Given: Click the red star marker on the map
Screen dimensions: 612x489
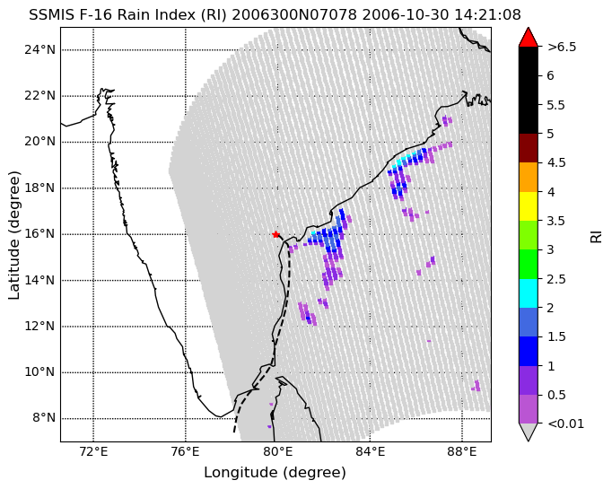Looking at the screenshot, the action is coord(276,234).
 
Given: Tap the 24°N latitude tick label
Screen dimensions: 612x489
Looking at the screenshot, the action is coord(39,50).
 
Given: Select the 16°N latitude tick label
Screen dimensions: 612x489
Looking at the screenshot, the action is coord(39,234).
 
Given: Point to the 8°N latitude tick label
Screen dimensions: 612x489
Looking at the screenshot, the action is coord(44,418).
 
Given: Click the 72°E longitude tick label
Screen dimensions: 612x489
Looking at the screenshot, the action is coord(93,452).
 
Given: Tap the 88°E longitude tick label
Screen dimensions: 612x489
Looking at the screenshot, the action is coord(462,452).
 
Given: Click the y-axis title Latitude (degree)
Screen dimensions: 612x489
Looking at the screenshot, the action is coord(13,235).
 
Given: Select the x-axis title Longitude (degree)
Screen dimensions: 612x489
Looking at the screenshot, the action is coord(275,473).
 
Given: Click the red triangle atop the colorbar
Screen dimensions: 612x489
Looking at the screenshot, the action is coord(528,38).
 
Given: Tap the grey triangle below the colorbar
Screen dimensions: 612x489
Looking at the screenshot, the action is coord(528,431).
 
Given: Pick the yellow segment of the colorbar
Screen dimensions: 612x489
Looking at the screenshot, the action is coord(528,206).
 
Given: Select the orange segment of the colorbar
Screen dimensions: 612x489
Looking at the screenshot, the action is coord(528,177).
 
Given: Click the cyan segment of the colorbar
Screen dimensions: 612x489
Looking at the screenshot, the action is coord(528,293).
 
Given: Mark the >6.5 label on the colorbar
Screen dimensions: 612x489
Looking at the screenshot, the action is coord(562,47).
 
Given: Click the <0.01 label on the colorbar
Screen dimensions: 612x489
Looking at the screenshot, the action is coord(566,424).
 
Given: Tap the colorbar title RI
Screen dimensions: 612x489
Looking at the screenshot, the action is coord(596,237).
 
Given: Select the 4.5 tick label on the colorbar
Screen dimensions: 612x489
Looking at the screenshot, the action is coord(556,162).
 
